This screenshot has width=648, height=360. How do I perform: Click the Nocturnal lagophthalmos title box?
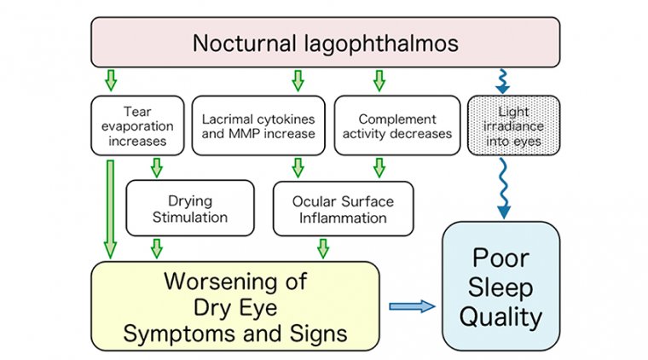point(325,43)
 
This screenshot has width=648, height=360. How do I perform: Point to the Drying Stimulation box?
point(189,208)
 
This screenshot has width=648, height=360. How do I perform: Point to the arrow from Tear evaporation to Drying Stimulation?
point(157,166)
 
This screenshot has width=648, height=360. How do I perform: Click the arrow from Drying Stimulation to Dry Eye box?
point(157,248)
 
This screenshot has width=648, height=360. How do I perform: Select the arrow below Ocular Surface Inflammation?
point(323,248)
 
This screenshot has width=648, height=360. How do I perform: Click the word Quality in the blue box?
point(500,317)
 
